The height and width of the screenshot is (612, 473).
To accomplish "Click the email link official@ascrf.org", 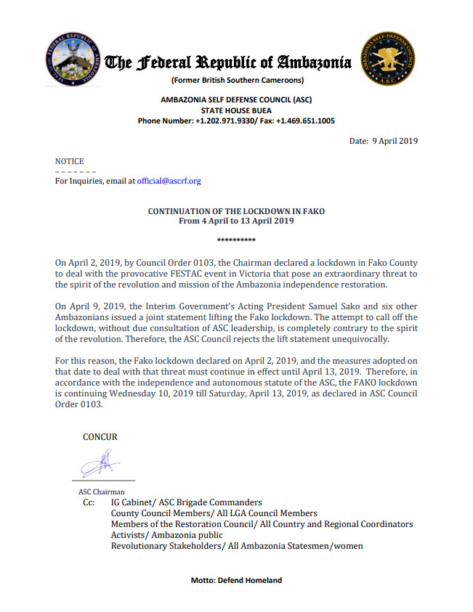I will (x=169, y=181).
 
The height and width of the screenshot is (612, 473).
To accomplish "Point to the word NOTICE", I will (x=70, y=161).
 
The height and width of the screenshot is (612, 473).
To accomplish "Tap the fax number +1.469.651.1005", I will (x=305, y=121).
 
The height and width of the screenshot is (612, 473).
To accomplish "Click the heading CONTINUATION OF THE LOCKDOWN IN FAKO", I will (x=236, y=211).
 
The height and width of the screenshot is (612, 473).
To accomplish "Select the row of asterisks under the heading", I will (x=236, y=239).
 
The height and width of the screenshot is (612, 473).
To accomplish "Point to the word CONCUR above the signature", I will (x=100, y=437).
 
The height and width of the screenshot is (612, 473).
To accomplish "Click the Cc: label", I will (x=88, y=502).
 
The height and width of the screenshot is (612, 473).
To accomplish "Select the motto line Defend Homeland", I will (x=236, y=580).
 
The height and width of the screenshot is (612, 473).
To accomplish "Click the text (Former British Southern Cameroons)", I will (x=237, y=80).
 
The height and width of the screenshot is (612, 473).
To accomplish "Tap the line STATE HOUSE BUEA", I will (x=236, y=110).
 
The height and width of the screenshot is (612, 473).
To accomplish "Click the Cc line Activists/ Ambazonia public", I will (x=167, y=535).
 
